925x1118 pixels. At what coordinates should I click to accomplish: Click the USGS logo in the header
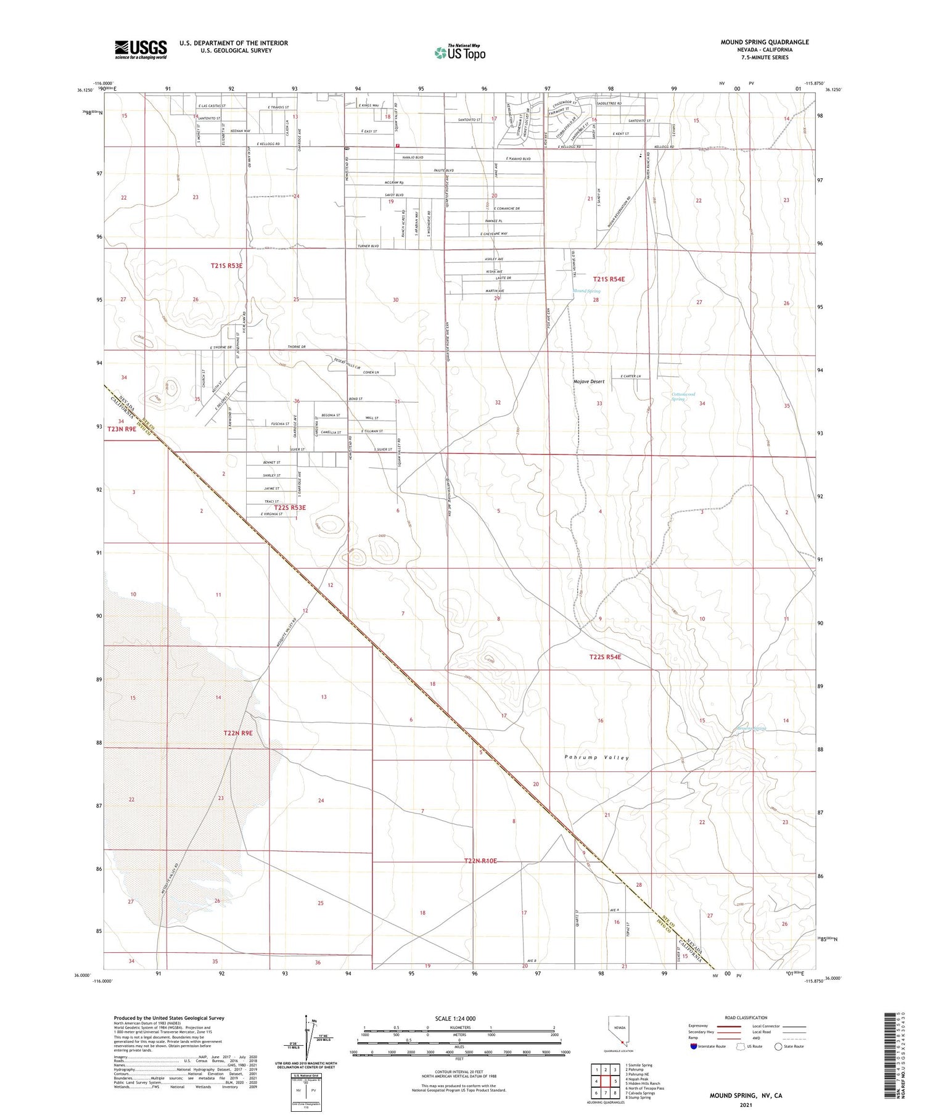point(141,49)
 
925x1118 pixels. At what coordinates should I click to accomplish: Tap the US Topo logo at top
point(460,52)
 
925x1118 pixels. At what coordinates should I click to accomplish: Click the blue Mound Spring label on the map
point(586,291)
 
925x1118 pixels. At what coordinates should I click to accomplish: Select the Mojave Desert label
point(589,382)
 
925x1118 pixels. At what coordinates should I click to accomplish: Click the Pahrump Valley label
point(596,757)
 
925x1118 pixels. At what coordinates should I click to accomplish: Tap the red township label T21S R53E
point(227,265)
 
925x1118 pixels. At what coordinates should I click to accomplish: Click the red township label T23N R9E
point(121,429)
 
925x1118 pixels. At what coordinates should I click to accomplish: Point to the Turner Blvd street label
point(368,246)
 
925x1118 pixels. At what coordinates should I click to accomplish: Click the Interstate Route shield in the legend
point(694,1046)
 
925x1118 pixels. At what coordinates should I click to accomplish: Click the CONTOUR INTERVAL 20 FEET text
point(459,1072)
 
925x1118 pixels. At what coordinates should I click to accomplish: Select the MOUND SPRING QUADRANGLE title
point(765,42)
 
